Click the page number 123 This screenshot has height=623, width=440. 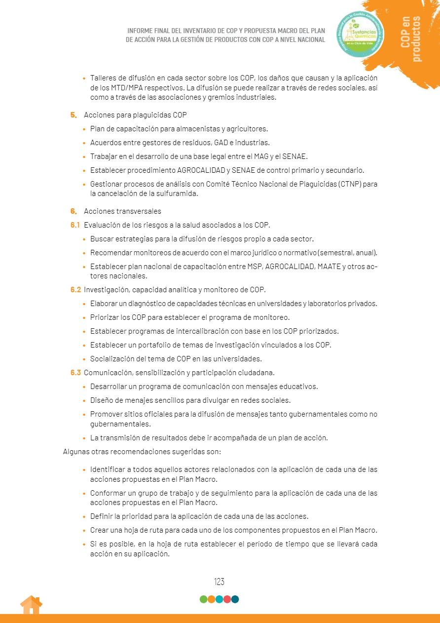219,582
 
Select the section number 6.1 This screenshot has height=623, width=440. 75,225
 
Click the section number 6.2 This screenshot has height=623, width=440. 75,289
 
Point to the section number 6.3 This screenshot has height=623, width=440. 75,372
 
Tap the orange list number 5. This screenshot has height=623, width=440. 73,115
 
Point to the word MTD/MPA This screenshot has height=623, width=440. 122,87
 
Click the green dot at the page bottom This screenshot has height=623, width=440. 203,599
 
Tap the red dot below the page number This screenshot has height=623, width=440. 227,599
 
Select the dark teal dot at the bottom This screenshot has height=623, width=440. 235,599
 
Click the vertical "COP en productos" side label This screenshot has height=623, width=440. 411,39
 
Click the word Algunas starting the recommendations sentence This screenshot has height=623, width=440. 77,451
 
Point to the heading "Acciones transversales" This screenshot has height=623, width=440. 122,211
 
